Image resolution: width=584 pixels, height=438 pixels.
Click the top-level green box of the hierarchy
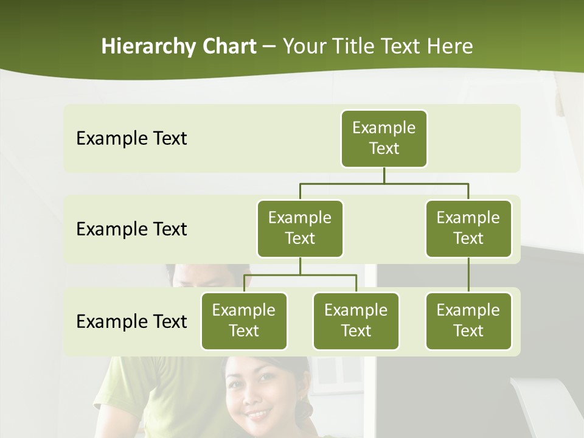[384, 138]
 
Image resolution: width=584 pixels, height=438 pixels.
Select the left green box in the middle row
[300, 228]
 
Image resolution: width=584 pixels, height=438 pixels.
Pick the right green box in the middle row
[468, 228]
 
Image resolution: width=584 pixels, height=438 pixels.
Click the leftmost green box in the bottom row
[244, 321]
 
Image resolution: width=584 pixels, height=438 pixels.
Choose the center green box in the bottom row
[356, 321]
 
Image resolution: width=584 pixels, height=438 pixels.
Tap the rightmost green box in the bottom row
[468, 321]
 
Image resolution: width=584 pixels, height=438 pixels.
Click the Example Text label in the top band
[131, 139]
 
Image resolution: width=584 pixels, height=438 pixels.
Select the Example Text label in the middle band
[131, 229]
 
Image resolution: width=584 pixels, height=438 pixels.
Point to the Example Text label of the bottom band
[131, 321]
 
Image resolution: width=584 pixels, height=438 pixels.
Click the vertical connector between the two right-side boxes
[468, 275]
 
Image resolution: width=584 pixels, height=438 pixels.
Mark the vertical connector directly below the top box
[384, 175]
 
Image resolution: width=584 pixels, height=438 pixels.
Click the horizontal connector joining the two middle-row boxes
[384, 183]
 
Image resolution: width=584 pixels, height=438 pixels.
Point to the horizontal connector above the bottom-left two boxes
[300, 276]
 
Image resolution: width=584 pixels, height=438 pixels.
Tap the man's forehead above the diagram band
[204, 272]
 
